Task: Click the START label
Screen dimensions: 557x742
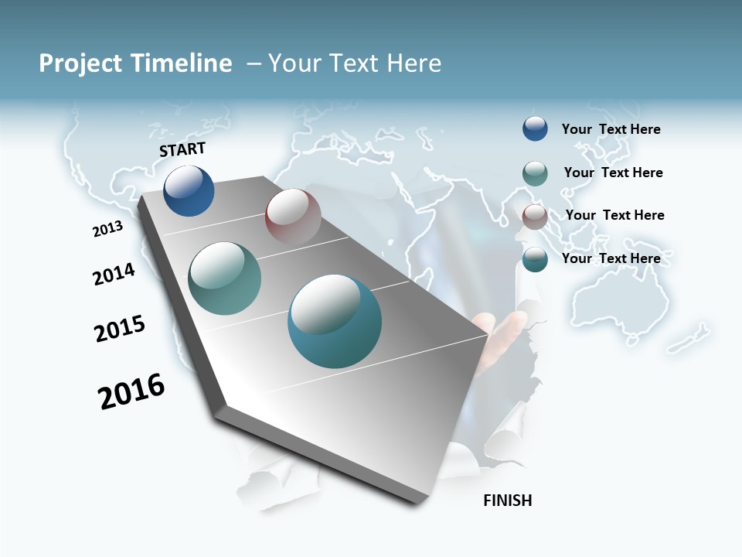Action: coord(182,149)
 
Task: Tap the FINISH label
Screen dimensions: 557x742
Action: coord(508,501)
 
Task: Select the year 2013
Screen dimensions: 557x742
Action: coord(107,229)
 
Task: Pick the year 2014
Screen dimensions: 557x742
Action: coord(114,274)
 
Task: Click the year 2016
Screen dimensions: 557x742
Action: coord(131,391)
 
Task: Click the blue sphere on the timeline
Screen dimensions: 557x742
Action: coord(189,191)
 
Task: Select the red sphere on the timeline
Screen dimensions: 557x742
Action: coord(293,217)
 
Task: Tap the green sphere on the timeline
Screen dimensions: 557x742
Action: coord(224,278)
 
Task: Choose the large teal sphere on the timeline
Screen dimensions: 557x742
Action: coord(335,321)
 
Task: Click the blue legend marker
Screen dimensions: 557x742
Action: coord(535,128)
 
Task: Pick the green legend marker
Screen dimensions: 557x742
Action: coord(535,173)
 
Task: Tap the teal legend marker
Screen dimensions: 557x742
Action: coord(535,259)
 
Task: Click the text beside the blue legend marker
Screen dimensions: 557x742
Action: coord(611,129)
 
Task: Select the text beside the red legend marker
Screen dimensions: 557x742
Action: coord(614,215)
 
